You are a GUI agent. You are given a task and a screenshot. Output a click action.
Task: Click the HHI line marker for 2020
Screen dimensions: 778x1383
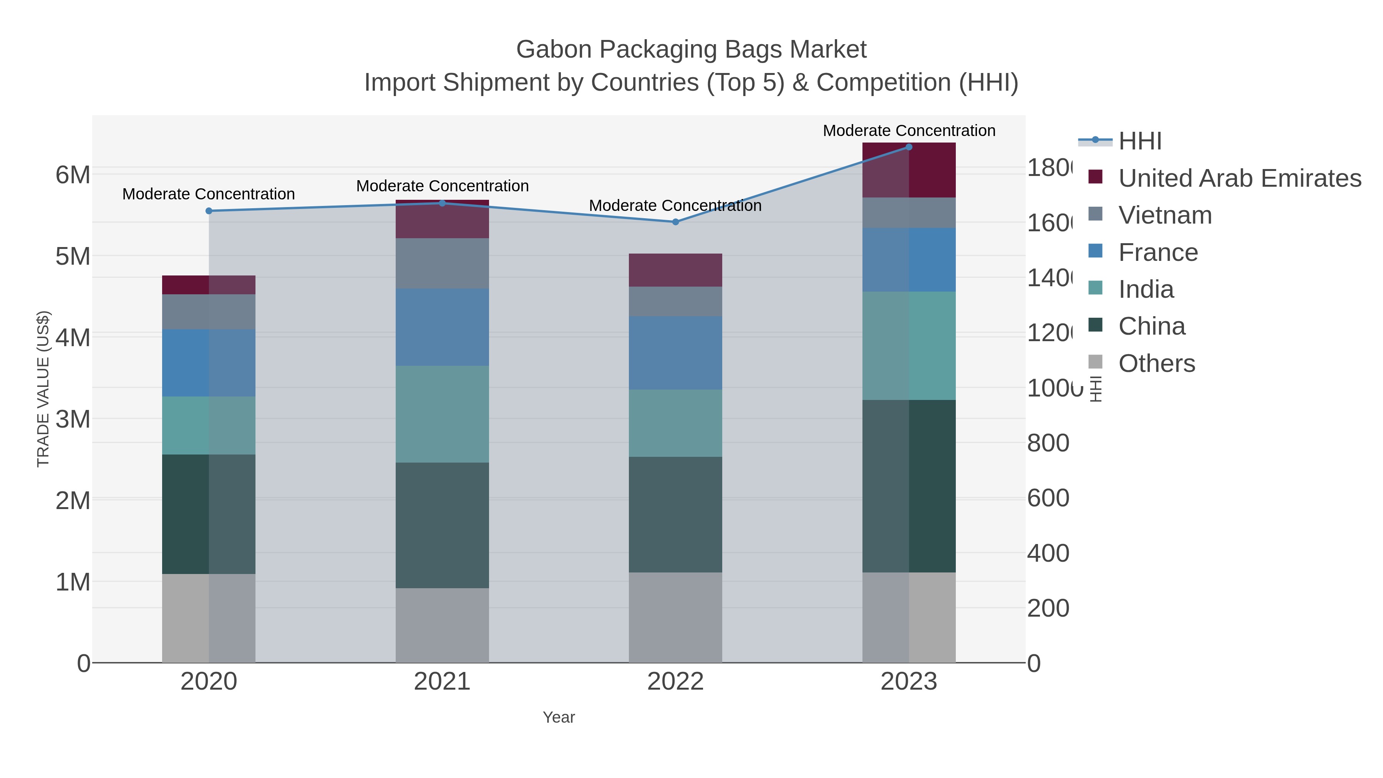pyautogui.click(x=209, y=211)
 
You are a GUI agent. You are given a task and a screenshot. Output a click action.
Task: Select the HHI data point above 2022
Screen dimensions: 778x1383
pyautogui.click(x=675, y=222)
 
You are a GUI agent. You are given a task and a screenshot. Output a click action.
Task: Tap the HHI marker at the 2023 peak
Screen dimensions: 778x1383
pyautogui.click(x=909, y=147)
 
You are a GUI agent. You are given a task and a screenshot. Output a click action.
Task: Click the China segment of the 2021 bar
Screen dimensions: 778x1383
pyautogui.click(x=442, y=525)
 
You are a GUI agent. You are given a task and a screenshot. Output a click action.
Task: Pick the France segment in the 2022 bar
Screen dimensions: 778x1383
pyautogui.click(x=675, y=353)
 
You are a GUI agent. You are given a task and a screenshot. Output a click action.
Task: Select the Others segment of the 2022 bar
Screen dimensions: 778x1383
pyautogui.click(x=675, y=617)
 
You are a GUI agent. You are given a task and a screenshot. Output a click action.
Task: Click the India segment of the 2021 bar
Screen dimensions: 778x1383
pyautogui.click(x=442, y=414)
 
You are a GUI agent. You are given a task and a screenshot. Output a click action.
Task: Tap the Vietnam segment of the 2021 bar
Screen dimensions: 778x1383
pyautogui.click(x=442, y=263)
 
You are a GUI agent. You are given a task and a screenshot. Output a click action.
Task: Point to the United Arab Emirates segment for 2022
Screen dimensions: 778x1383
pyautogui.click(x=675, y=270)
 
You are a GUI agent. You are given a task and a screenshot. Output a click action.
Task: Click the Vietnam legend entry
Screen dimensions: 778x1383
pyautogui.click(x=1165, y=215)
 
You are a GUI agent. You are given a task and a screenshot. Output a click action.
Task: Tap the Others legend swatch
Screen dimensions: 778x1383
pyautogui.click(x=1095, y=362)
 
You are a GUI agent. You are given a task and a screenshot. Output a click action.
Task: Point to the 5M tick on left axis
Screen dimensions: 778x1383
pyautogui.click(x=73, y=257)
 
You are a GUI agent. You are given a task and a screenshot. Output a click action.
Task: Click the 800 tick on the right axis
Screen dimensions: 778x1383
pyautogui.click(x=1048, y=443)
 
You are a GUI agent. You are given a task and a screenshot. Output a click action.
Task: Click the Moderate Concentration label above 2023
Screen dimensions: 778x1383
pyautogui.click(x=909, y=131)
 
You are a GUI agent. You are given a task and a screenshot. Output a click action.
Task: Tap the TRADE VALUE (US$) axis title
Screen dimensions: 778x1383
pyautogui.click(x=43, y=389)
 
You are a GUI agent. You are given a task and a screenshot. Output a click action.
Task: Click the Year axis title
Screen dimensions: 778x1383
pyautogui.click(x=558, y=717)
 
